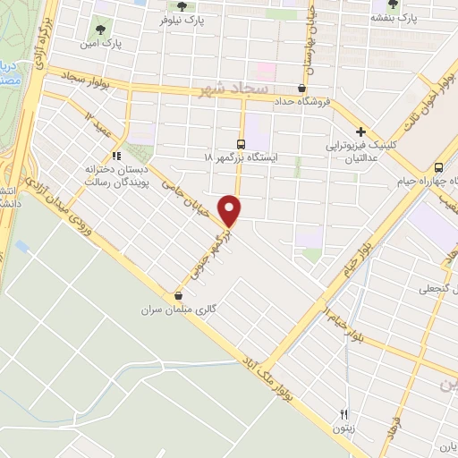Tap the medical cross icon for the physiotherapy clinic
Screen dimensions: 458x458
(x=360, y=131)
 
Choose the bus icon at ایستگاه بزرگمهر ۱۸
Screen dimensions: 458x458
(x=241, y=144)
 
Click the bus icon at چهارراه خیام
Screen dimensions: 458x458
(x=438, y=167)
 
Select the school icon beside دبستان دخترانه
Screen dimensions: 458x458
(x=115, y=156)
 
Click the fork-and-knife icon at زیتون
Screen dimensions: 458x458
(x=343, y=414)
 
